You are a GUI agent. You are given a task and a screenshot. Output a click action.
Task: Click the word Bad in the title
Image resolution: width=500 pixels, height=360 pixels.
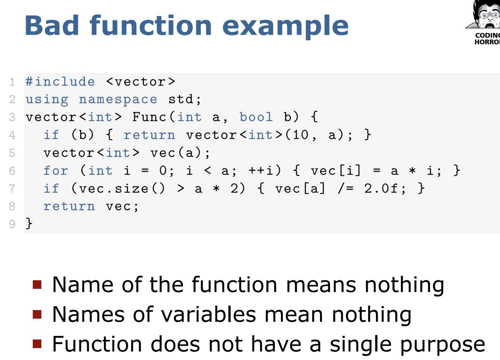(52, 25)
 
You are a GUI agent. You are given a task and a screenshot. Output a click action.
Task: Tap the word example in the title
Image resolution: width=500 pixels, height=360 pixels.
(285, 27)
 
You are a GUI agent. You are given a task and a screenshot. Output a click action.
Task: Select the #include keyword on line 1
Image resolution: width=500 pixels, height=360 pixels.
(60, 82)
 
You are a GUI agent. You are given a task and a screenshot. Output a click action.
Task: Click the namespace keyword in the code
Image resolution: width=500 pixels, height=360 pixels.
(118, 100)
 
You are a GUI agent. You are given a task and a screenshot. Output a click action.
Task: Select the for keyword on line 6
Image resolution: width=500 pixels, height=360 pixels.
(56, 170)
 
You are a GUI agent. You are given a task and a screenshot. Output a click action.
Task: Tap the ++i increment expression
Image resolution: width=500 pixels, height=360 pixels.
(261, 171)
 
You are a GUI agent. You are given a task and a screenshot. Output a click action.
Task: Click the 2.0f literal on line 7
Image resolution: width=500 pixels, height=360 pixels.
(381, 188)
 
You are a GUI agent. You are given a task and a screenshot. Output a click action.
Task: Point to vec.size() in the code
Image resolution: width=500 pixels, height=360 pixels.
(122, 189)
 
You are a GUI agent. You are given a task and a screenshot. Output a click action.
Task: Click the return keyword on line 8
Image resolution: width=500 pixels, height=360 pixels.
(69, 206)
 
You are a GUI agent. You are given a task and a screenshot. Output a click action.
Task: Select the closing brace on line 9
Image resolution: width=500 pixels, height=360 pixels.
(29, 223)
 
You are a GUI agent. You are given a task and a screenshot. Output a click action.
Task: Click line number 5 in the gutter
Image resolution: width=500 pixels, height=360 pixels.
(12, 153)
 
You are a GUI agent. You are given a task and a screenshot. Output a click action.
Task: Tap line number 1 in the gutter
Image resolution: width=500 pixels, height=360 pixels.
(12, 82)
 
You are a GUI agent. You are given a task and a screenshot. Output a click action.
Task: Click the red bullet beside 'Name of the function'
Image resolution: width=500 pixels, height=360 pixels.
(37, 284)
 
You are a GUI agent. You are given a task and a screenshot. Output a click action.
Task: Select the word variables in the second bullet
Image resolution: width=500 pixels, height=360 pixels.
(209, 315)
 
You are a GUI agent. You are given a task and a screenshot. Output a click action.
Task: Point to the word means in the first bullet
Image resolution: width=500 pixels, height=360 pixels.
(321, 286)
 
